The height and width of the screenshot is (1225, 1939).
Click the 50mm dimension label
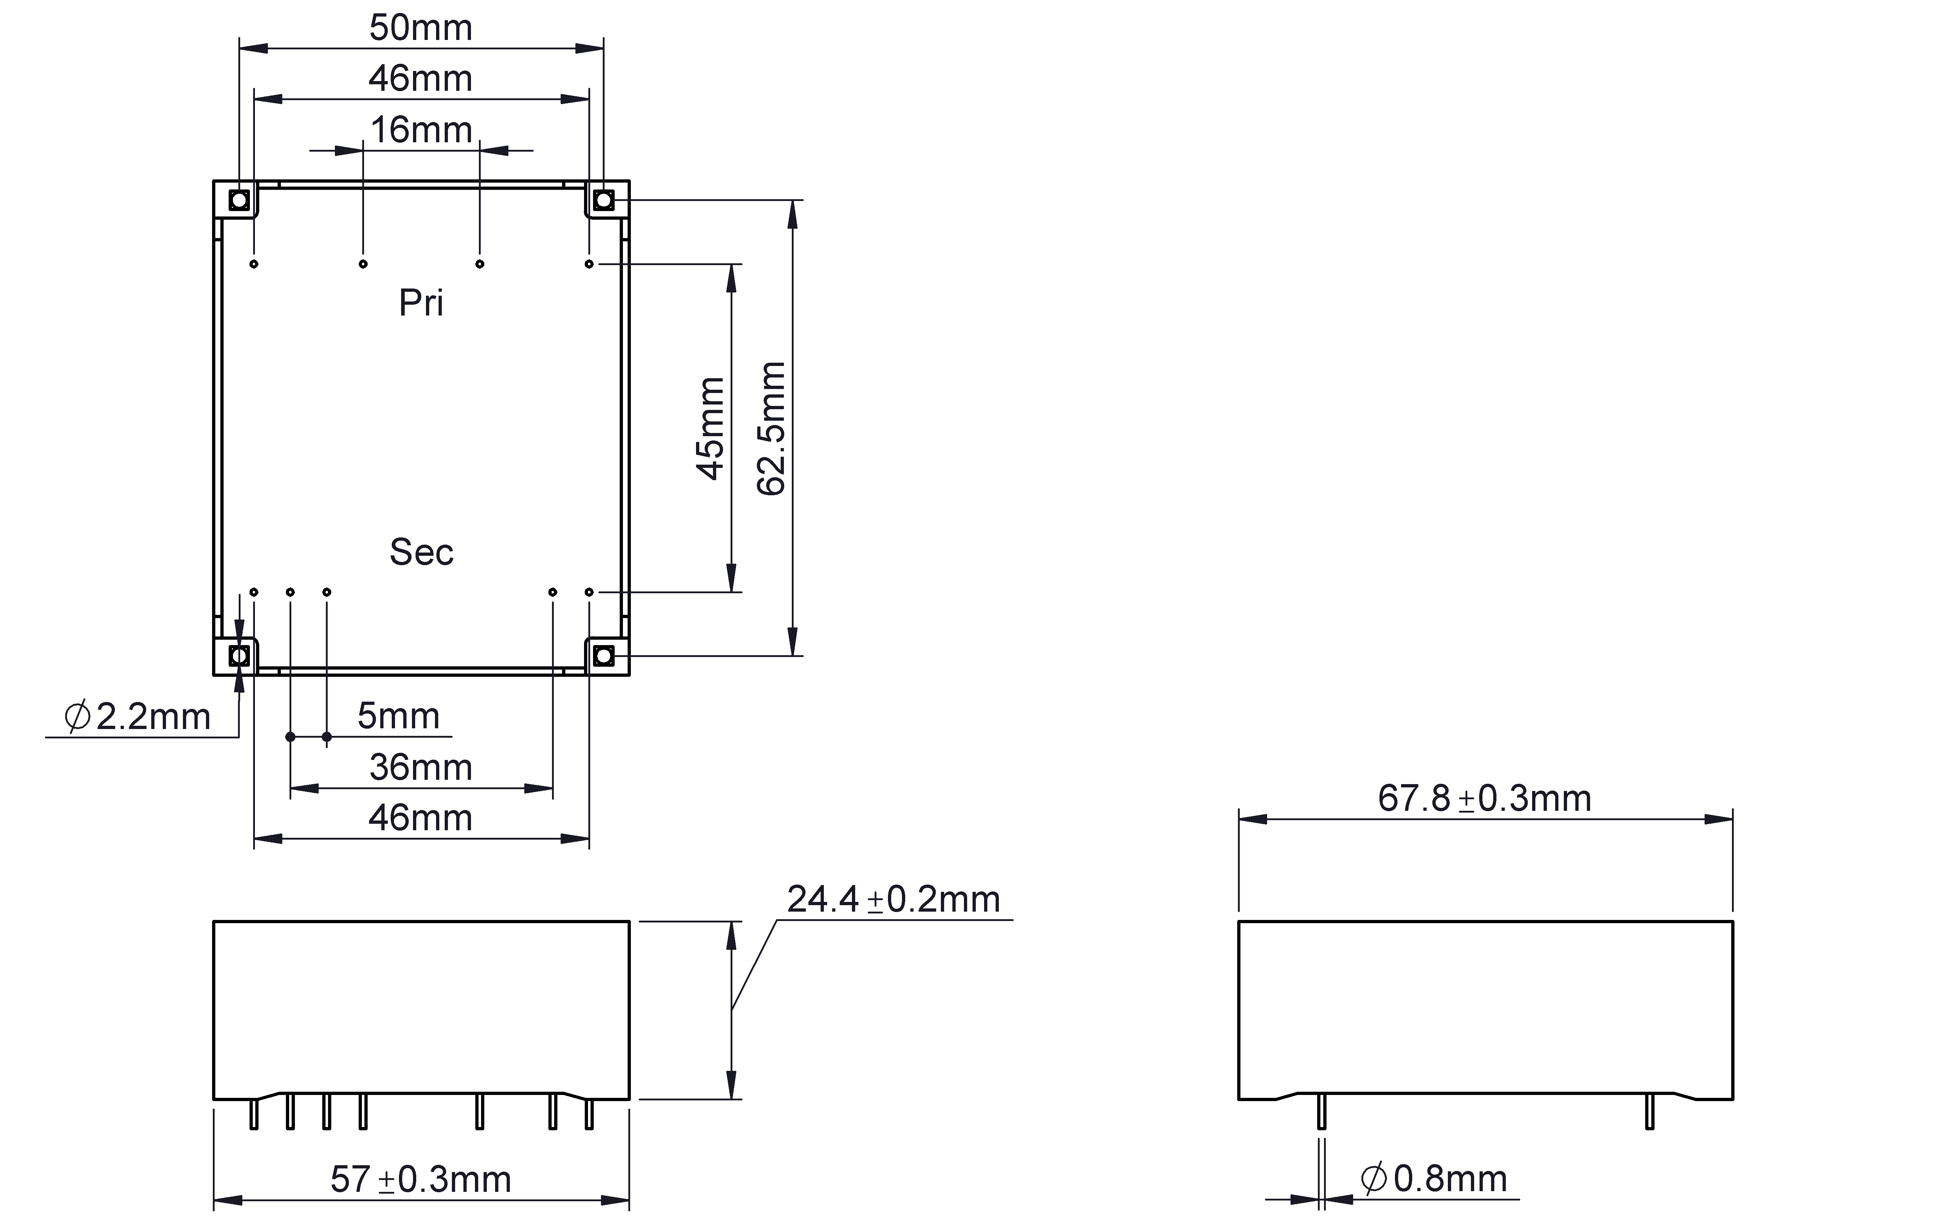[x=420, y=28]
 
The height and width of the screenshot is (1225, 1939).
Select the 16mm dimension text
[x=420, y=130]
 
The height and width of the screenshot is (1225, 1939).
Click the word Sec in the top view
[x=421, y=552]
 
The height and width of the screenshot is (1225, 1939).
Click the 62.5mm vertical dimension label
[x=771, y=429]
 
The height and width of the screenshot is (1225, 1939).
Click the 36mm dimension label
[x=420, y=768]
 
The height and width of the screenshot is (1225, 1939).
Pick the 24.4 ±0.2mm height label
[x=893, y=900]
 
